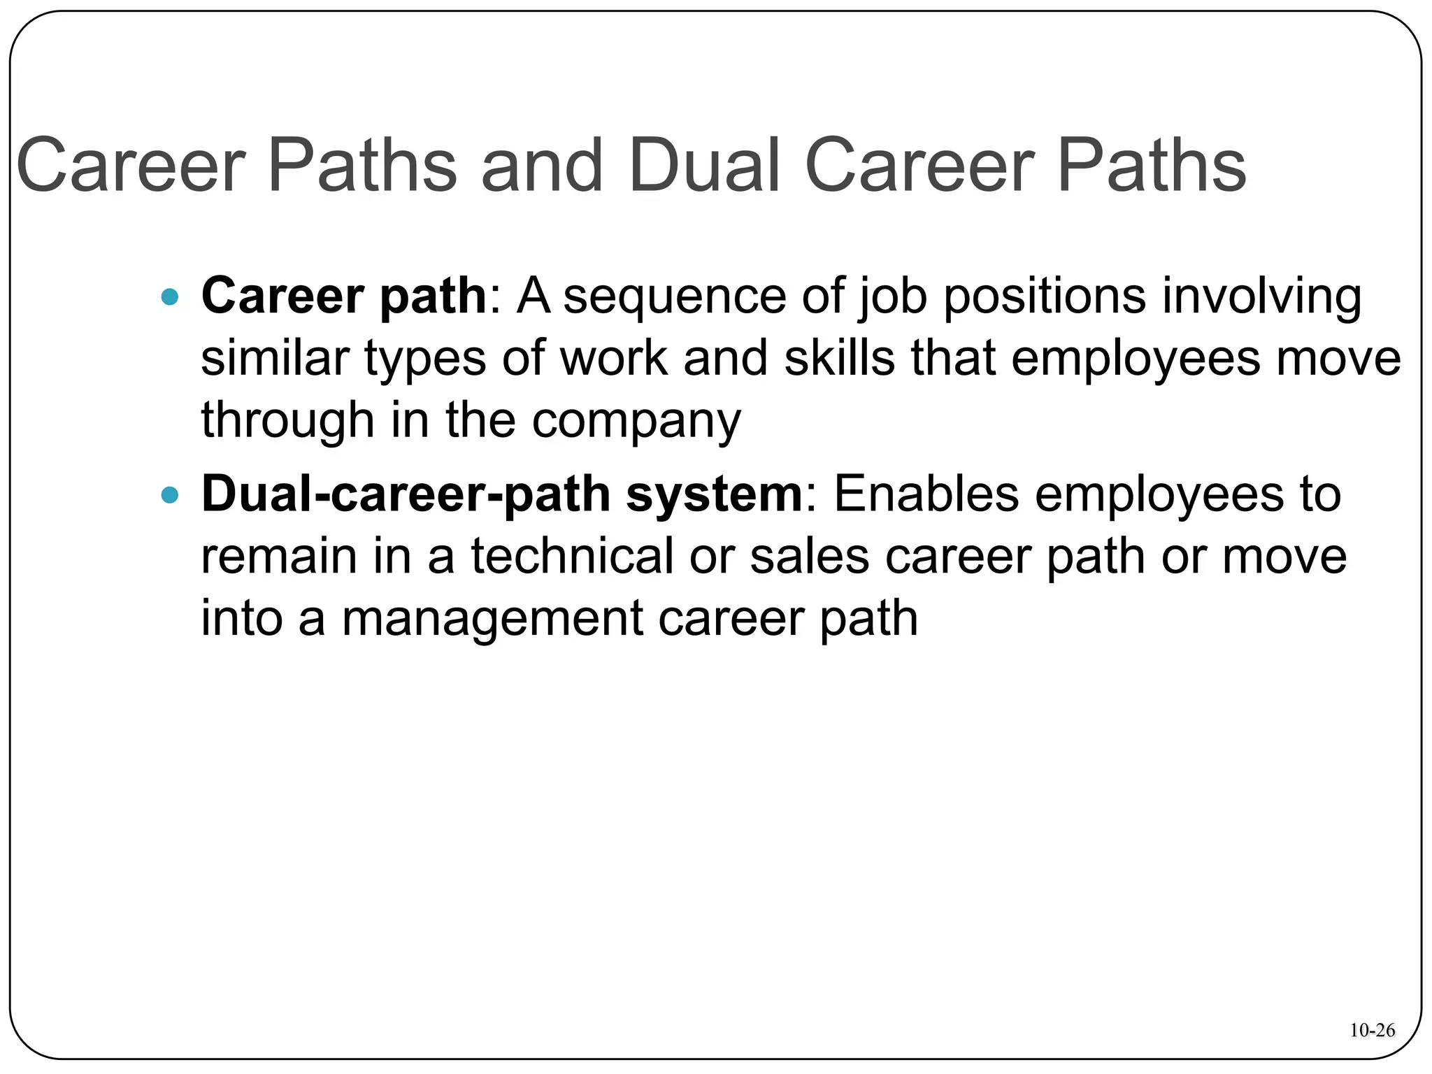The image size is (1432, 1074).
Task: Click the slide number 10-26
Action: coord(1372,1030)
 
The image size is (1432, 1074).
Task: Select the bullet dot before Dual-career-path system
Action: coord(169,496)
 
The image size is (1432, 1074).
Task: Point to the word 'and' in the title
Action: coord(542,166)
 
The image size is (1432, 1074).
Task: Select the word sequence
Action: coord(675,296)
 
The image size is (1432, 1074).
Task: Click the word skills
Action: coord(840,358)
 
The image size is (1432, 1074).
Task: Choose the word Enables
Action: coord(926,495)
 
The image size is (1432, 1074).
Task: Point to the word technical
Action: coord(572,557)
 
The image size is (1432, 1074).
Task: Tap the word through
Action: coord(287,421)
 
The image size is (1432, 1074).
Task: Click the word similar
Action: coord(275,358)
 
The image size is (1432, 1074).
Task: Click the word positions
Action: coord(1045,296)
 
